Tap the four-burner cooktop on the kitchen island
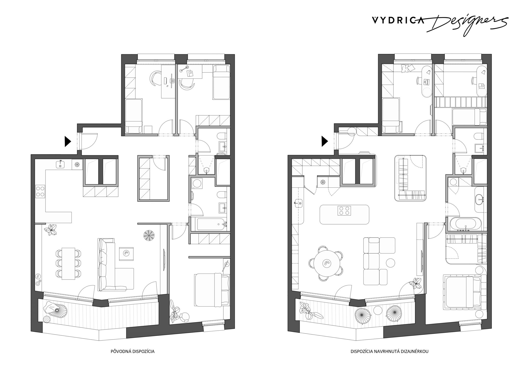(x=344, y=211)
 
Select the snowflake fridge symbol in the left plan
(x=76, y=165)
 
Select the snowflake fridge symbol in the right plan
(x=323, y=182)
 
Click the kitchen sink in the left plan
(x=61, y=164)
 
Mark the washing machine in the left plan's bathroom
(x=197, y=183)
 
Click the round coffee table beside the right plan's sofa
(x=390, y=263)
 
